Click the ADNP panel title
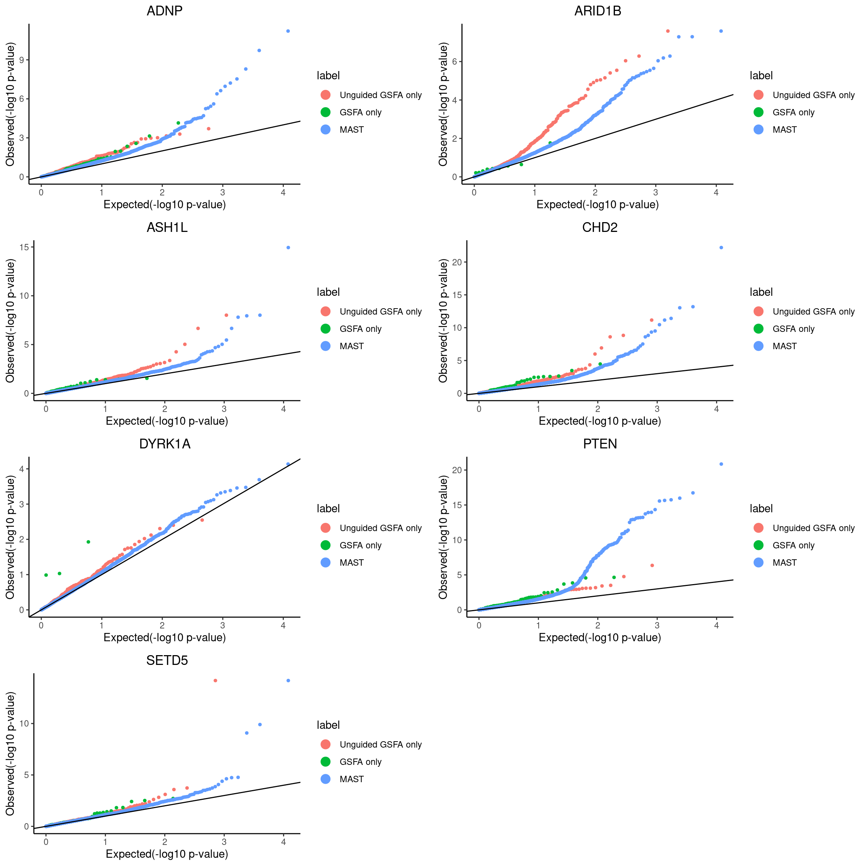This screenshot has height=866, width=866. pos(165,11)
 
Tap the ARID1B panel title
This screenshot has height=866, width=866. pos(598,11)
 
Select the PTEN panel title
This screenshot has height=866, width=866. pos(600,444)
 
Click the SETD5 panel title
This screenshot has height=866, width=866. pos(167,660)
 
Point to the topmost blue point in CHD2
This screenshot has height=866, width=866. pos(721,247)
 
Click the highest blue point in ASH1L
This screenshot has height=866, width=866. pos(288,247)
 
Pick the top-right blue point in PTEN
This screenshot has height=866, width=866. pos(721,464)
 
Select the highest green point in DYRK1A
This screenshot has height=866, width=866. pos(88,542)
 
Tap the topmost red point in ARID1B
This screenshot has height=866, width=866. pos(668,31)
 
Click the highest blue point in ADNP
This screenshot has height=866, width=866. pos(288,31)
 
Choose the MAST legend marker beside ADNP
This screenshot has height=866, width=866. pos(326,130)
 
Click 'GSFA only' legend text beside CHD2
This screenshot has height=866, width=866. pos(793,329)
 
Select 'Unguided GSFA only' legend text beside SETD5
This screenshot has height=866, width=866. pos(380,745)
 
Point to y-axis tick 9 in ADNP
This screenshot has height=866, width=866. pos(21,60)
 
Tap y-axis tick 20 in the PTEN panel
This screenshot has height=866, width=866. pos(457,470)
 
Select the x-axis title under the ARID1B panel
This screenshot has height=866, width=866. pos(598,204)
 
